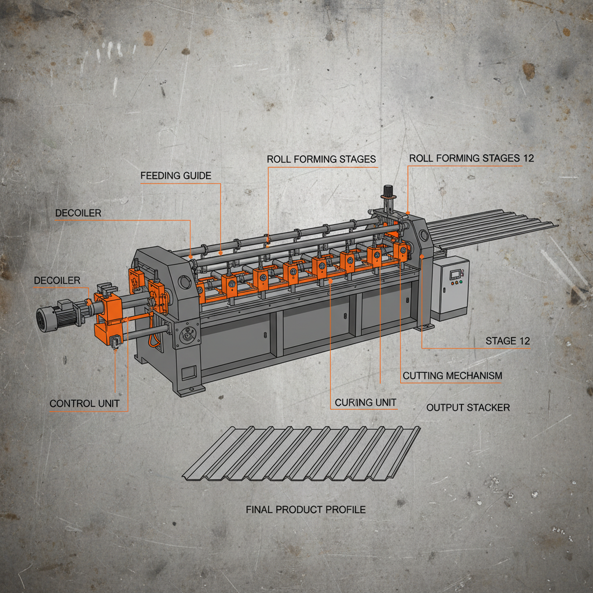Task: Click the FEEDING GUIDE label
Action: (175, 175)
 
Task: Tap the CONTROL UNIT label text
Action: (85, 404)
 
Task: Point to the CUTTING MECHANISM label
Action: (452, 376)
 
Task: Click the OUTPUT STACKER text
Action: (468, 408)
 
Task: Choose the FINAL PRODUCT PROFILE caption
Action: (306, 510)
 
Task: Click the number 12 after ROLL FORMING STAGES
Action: (527, 158)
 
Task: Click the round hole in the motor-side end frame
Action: (184, 283)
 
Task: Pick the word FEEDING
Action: (159, 175)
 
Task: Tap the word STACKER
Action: (489, 408)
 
